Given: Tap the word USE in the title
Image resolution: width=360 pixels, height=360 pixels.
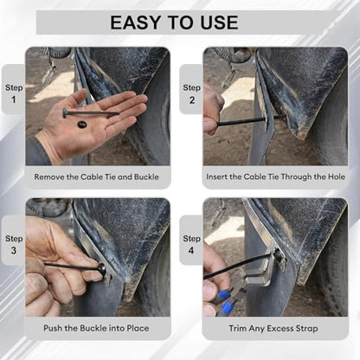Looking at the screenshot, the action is tap(219, 22).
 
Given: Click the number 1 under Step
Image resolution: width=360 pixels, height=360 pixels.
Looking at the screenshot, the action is tap(14, 100).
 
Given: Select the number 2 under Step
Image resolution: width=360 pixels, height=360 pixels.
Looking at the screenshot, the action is tap(192, 100).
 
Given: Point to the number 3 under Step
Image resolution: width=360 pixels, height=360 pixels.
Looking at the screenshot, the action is tap(14, 250).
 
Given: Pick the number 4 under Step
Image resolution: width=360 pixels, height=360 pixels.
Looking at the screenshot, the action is tap(191, 250).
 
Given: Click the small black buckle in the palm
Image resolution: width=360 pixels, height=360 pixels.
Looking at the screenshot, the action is tap(81, 125).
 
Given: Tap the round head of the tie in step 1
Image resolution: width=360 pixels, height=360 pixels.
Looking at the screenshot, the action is tap(65, 112).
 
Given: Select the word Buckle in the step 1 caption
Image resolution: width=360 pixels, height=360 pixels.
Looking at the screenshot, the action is tap(146, 177).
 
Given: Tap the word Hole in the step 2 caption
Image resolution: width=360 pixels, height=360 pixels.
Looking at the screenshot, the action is tap(337, 177).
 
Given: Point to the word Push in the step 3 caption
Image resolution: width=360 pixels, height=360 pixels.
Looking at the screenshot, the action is tap(52, 328).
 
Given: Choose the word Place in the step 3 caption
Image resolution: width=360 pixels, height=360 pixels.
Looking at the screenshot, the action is tap(138, 328).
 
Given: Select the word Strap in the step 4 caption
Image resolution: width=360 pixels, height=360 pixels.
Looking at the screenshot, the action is tap(307, 329).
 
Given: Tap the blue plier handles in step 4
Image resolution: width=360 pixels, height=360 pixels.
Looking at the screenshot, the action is tap(225, 300).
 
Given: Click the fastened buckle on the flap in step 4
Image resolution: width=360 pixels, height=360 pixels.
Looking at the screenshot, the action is tap(278, 254).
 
